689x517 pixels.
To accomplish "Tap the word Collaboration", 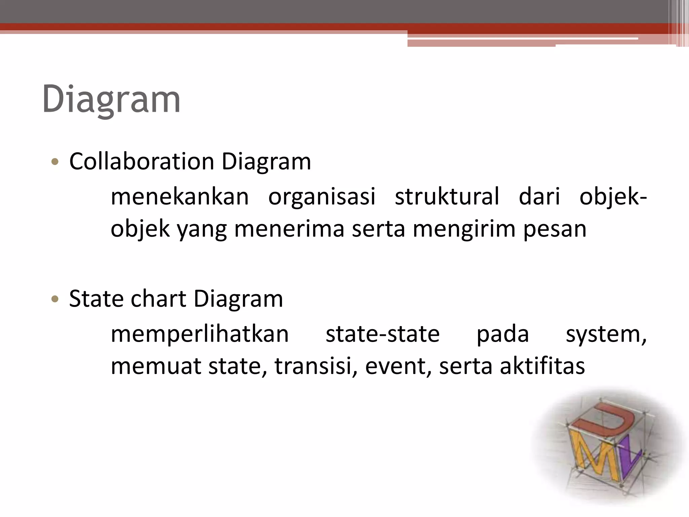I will coord(141,162).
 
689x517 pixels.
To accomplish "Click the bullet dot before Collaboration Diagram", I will coord(55,162).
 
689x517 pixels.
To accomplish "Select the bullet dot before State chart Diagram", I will coord(55,299).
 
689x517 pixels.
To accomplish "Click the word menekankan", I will coord(180,197).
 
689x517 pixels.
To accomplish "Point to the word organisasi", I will coord(322,197).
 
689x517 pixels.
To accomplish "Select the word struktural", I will coord(447,197).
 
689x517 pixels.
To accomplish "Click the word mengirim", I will coord(464,229).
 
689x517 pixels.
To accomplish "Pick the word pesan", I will coord(555,229).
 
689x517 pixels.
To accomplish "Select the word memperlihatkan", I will coord(200,334).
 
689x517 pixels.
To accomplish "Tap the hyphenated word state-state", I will coord(383,334).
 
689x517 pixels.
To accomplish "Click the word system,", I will coord(606,334).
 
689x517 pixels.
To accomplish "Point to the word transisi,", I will coord(316,366).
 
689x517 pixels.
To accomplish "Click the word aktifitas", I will coord(542,366).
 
